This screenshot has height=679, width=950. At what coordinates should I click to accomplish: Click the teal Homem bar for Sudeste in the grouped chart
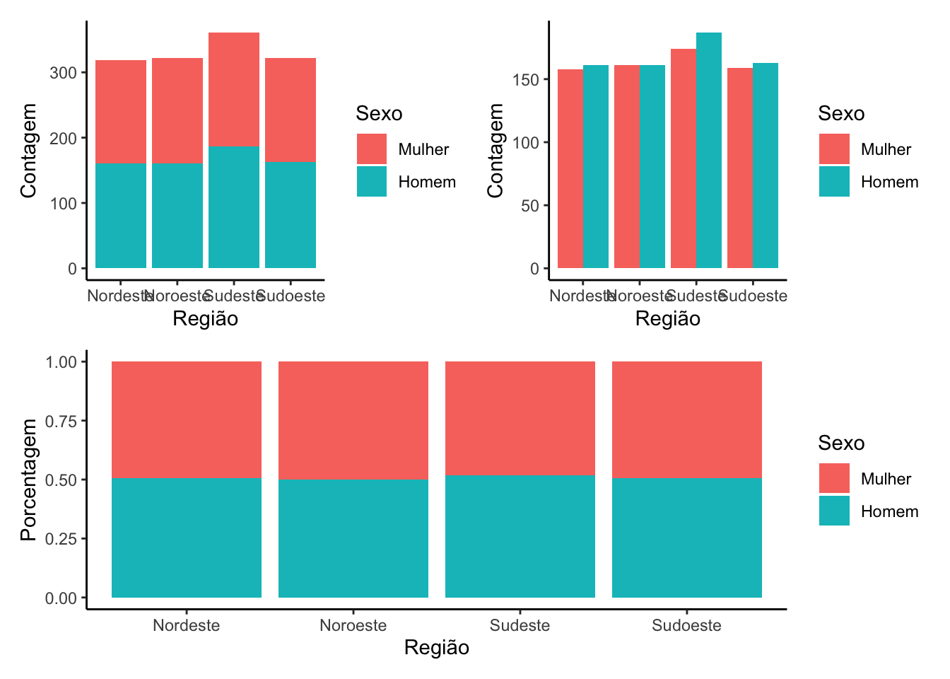708,150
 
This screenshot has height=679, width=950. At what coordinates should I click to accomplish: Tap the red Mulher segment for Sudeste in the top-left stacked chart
234,89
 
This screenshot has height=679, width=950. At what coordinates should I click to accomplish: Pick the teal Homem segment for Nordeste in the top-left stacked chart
121,216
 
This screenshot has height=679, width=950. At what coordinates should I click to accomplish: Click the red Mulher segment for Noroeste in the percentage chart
353,420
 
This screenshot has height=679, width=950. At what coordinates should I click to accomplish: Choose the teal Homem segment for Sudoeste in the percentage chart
687,538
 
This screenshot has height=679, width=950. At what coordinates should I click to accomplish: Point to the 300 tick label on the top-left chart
64,73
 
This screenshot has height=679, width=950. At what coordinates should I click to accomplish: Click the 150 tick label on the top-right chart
526,80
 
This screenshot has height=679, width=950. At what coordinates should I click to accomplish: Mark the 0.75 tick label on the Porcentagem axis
61,421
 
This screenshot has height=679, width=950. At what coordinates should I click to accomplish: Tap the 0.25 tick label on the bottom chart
61,539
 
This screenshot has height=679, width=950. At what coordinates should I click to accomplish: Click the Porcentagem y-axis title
28,480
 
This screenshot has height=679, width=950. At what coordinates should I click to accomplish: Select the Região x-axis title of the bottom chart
436,647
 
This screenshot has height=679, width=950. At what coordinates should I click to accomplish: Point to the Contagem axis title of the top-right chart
495,150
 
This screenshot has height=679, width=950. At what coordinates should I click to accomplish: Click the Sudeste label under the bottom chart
520,625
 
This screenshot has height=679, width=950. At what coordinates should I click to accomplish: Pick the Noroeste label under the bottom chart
353,625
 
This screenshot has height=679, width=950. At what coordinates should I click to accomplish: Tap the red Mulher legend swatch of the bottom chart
834,478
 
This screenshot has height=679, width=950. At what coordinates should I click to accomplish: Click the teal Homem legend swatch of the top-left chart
372,182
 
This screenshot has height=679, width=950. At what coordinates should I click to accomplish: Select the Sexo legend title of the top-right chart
841,113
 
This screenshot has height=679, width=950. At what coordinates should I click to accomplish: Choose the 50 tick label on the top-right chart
530,206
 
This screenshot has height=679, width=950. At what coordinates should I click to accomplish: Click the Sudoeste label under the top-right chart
754,296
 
